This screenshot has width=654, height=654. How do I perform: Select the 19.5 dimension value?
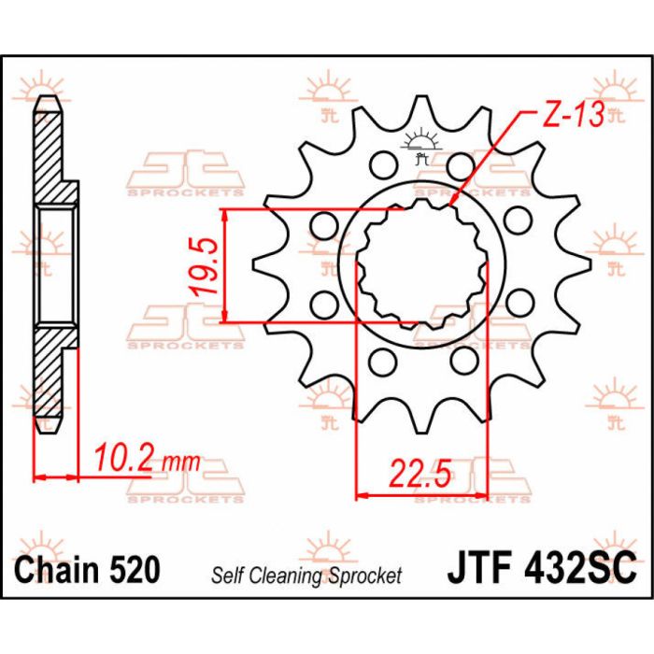pyautogui.click(x=207, y=266)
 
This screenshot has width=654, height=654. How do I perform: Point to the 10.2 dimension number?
pyautogui.click(x=121, y=459)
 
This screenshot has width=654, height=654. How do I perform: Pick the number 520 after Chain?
pyautogui.click(x=133, y=568)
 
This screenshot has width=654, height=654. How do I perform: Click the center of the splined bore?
pyautogui.click(x=421, y=265)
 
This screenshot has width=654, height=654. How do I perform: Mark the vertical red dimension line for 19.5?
pyautogui.click(x=226, y=266)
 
